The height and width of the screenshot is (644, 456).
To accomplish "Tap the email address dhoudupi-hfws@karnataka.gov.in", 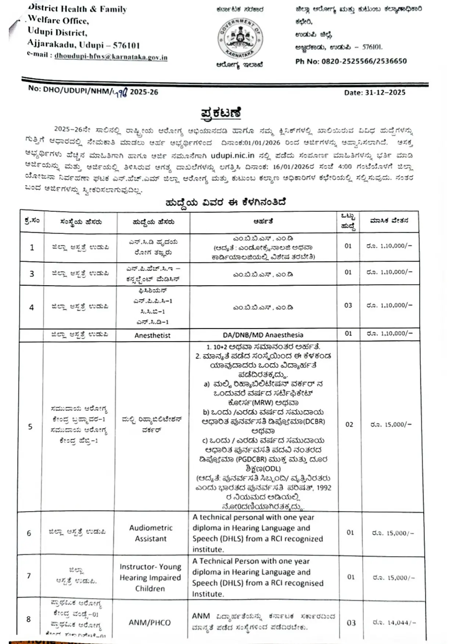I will pos(111,57).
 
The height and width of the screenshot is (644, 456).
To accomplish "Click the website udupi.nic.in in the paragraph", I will pos(232,156).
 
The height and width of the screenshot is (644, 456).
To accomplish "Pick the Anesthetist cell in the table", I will pos(152,335).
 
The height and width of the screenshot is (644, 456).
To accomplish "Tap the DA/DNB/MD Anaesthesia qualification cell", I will pos(263,335).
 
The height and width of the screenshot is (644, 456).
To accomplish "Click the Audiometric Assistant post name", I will pos(151,533).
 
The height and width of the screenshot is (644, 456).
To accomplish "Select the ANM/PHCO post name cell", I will pos(150,623).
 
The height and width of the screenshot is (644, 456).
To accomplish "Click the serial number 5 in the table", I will pos(30,427).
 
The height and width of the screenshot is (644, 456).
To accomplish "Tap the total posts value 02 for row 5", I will pos(349,424).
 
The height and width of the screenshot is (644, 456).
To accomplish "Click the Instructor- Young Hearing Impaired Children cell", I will pos(150,578).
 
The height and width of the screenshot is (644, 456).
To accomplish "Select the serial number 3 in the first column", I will pos(32,274).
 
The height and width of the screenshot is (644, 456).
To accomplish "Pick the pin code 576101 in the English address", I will pos(126,46).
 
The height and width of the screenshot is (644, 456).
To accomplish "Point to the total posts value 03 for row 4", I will pos(348,305).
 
